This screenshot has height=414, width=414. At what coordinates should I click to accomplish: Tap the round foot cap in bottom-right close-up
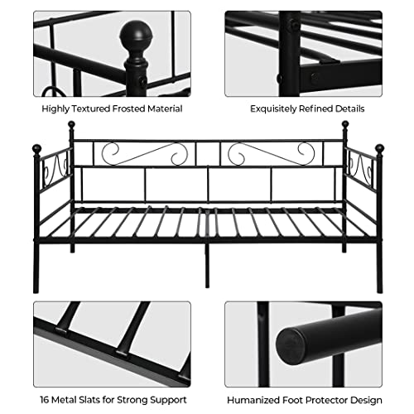298,340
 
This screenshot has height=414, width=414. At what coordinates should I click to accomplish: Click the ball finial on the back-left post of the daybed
71,126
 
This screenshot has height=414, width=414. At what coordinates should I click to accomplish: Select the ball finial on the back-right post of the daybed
345,126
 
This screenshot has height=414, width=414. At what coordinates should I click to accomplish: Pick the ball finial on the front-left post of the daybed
37,149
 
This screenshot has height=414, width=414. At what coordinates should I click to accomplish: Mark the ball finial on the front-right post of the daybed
379,149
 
